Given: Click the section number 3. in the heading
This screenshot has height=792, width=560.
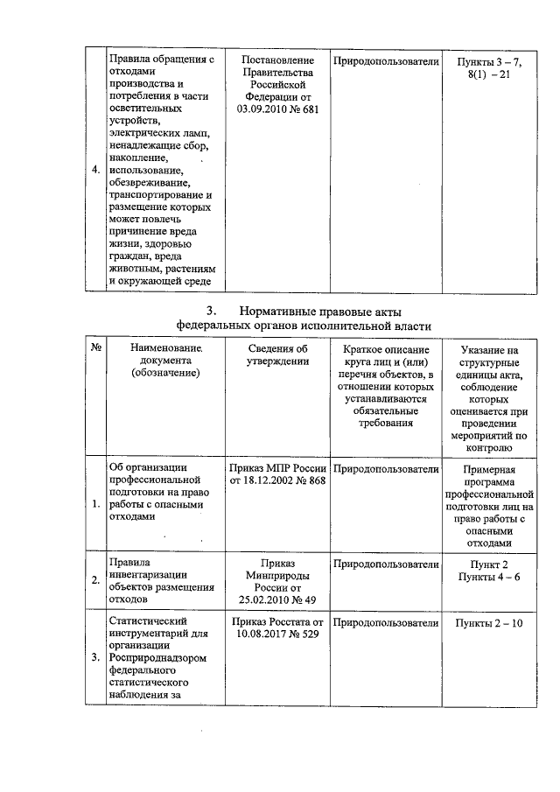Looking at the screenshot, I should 210,311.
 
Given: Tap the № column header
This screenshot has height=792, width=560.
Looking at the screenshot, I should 95,348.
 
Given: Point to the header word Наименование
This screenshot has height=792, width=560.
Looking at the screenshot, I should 164,348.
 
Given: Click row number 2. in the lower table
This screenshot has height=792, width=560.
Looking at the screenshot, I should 95,580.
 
